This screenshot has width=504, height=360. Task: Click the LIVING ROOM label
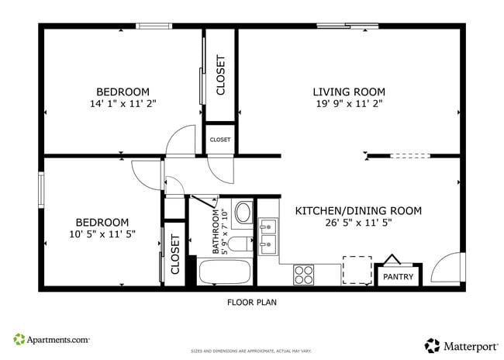point(348,92)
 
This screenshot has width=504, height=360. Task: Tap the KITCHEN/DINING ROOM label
point(358,210)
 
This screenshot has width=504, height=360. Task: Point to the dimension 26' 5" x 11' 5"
point(358,223)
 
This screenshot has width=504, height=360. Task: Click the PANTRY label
point(399,276)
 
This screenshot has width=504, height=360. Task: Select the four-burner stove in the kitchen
point(304,275)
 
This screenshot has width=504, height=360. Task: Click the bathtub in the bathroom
point(224,272)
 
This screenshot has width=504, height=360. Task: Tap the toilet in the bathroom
point(240,244)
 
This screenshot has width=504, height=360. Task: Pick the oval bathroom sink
point(243,213)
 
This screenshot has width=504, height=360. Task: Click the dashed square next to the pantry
point(357,270)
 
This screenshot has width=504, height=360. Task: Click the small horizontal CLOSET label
point(219,140)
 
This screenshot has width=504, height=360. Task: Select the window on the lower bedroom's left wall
point(41,189)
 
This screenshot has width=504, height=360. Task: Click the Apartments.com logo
point(51,339)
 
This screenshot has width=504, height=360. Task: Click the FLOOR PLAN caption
point(251,303)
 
